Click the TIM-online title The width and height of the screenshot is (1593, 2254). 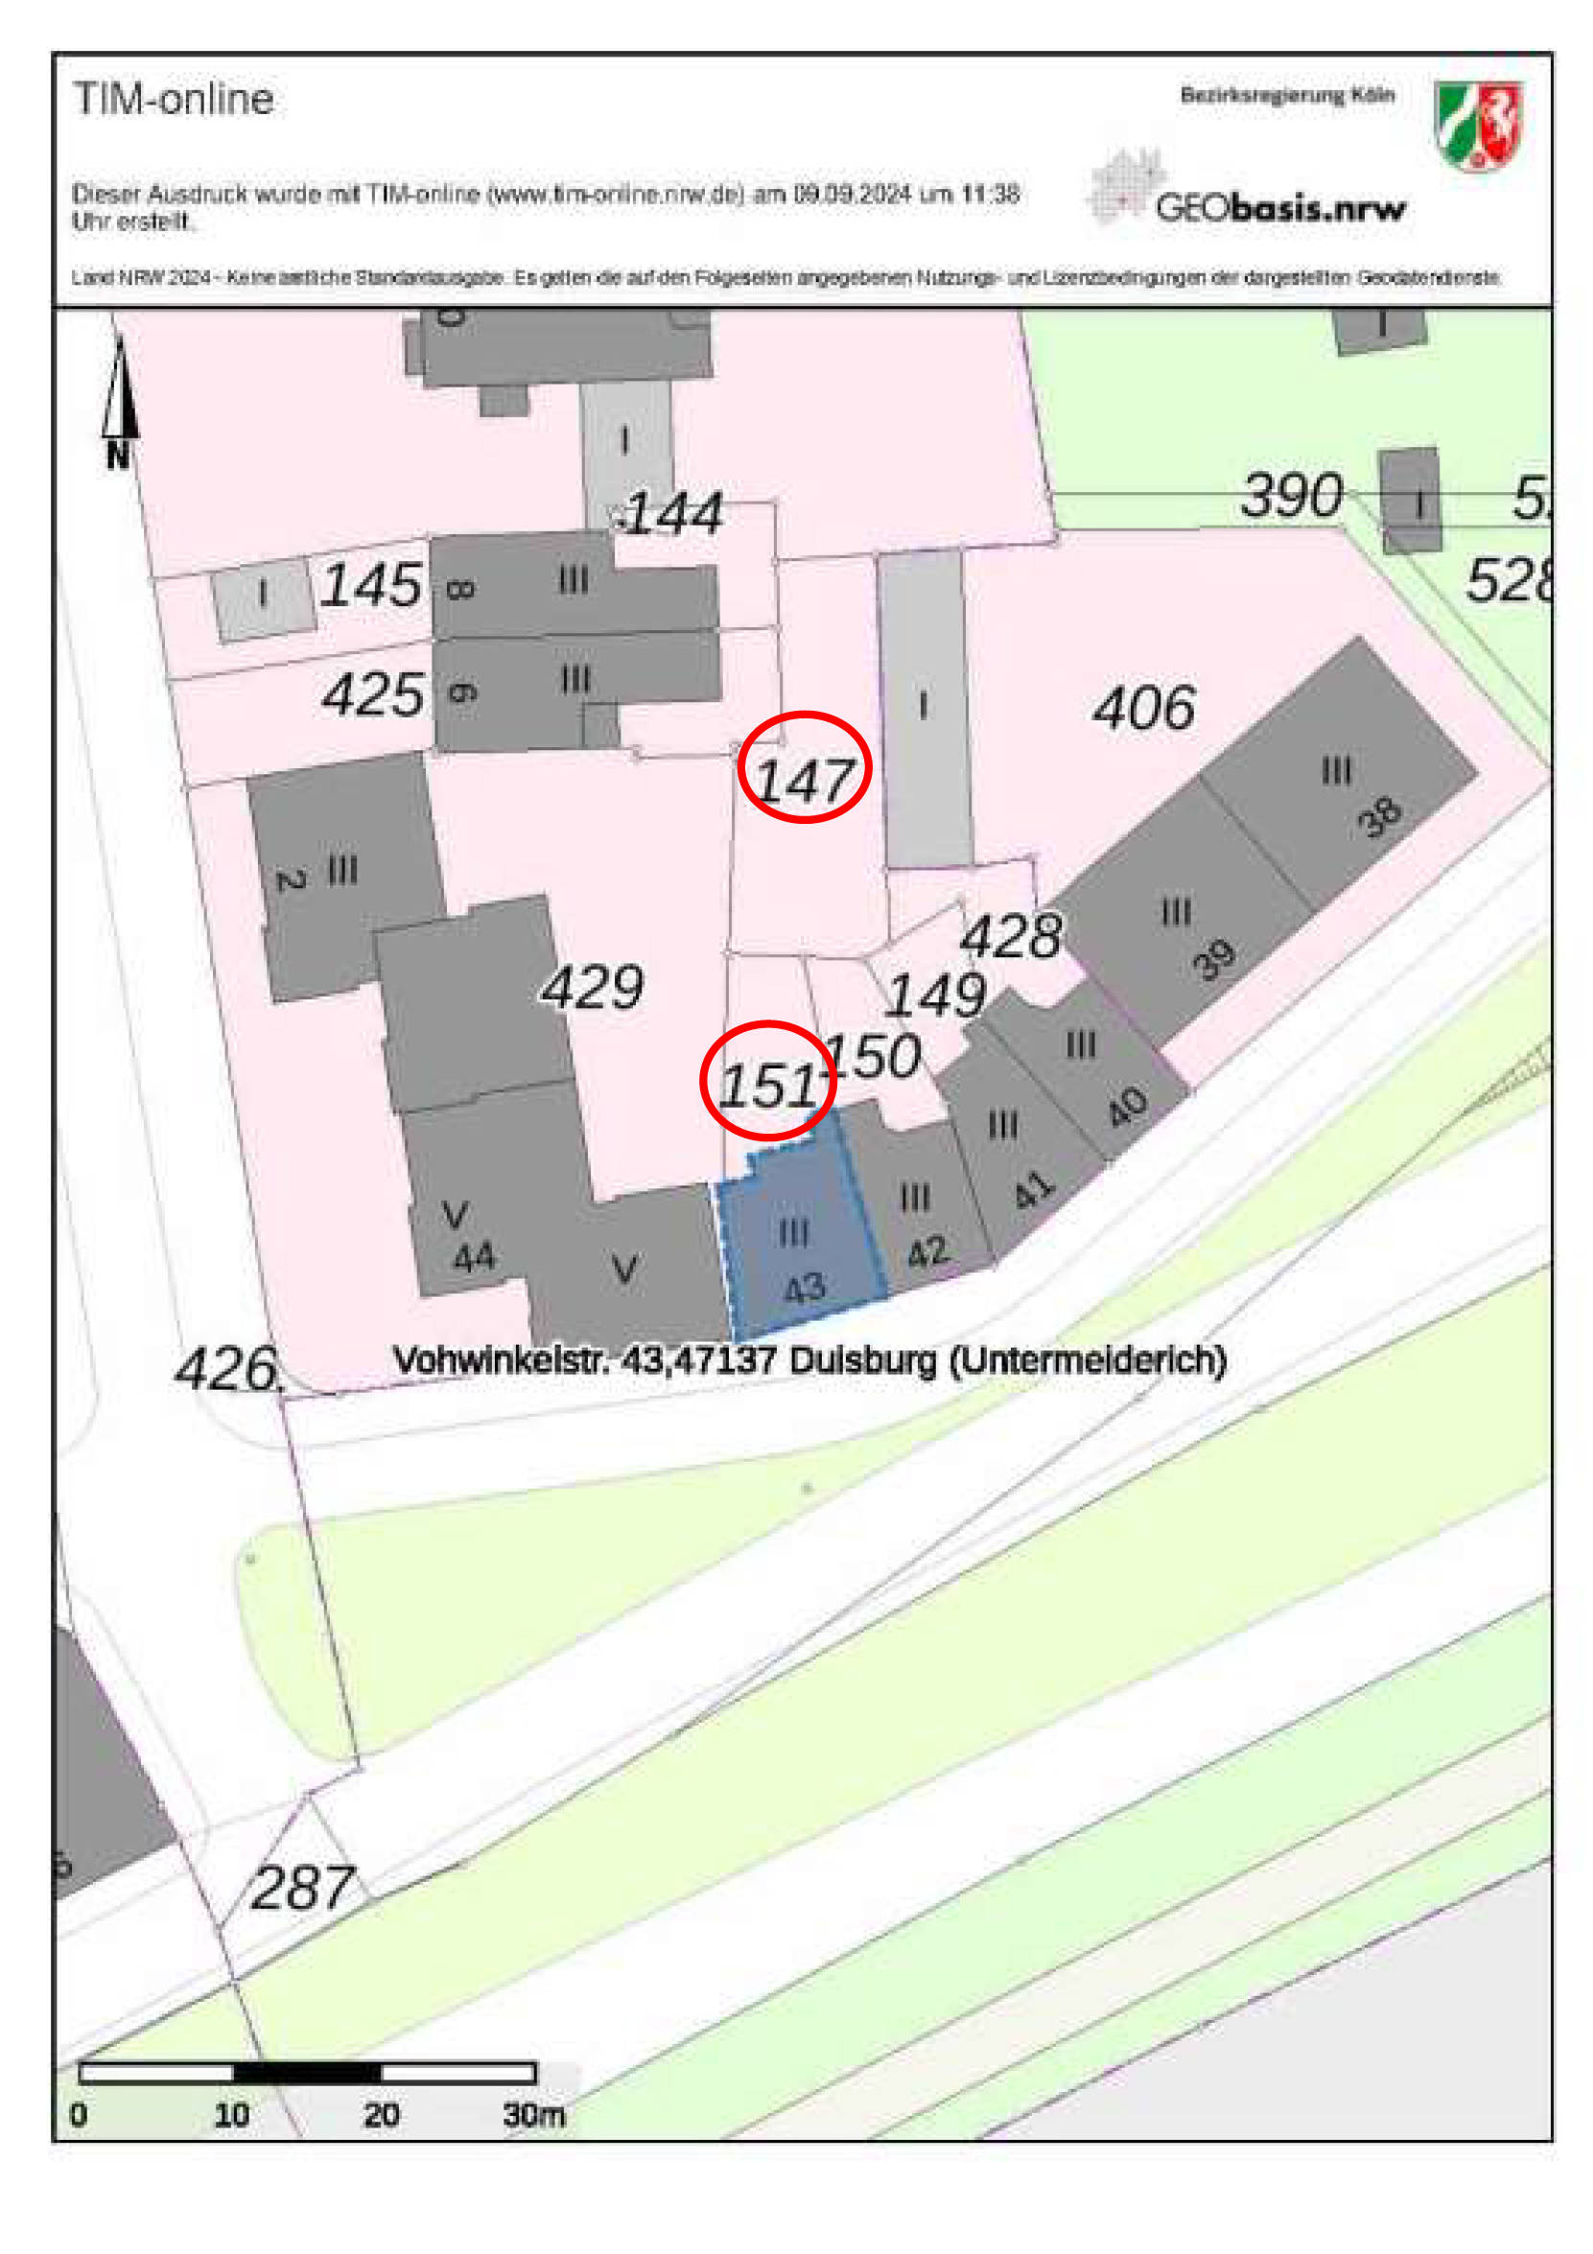click(174, 99)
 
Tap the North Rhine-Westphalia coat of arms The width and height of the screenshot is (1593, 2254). click(1477, 125)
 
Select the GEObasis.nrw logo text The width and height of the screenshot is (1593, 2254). click(1280, 207)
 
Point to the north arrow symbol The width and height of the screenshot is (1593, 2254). click(119, 399)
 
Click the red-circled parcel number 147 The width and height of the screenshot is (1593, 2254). click(804, 782)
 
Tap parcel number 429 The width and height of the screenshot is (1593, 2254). click(592, 988)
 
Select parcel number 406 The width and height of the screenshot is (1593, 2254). click(1143, 708)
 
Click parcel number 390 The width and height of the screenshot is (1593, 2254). click(1290, 495)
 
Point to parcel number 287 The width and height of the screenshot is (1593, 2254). click(301, 1886)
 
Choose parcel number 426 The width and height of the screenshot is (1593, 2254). click(226, 1369)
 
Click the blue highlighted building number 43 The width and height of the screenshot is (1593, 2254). click(804, 1287)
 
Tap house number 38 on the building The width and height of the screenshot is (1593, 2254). click(1380, 817)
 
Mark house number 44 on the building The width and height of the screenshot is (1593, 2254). click(474, 1257)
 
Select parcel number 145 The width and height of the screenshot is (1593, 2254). click(371, 586)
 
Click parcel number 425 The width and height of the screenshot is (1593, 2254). click(373, 695)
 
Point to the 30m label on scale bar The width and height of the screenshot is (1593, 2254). click(533, 2114)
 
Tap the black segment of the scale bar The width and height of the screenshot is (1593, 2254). click(306, 2072)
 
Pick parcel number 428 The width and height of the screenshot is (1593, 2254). click(1011, 935)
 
